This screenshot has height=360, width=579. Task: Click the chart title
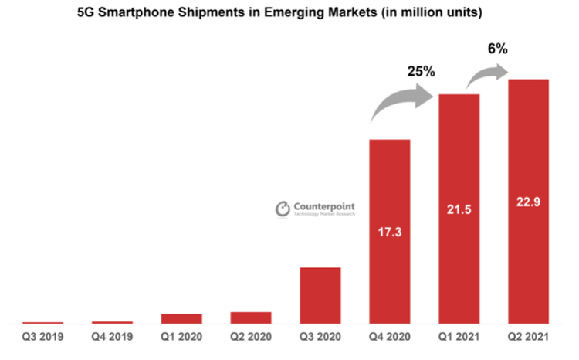[289, 13]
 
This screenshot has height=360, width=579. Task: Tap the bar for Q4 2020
[390, 231]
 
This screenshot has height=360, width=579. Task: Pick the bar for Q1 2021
[459, 209]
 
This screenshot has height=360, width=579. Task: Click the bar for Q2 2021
[528, 201]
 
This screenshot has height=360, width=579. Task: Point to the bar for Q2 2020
[251, 318]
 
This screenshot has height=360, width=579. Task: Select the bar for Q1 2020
[181, 318]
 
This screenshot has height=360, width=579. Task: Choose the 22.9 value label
[528, 202]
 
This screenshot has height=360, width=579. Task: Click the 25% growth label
[422, 72]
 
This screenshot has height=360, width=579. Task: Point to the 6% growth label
[497, 49]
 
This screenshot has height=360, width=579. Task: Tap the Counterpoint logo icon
[283, 209]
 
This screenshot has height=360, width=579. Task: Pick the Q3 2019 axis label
[42, 337]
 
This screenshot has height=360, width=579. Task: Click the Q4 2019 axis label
[112, 337]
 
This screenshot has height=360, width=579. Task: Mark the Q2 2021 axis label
[528, 337]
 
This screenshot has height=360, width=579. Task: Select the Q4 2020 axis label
[390, 337]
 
